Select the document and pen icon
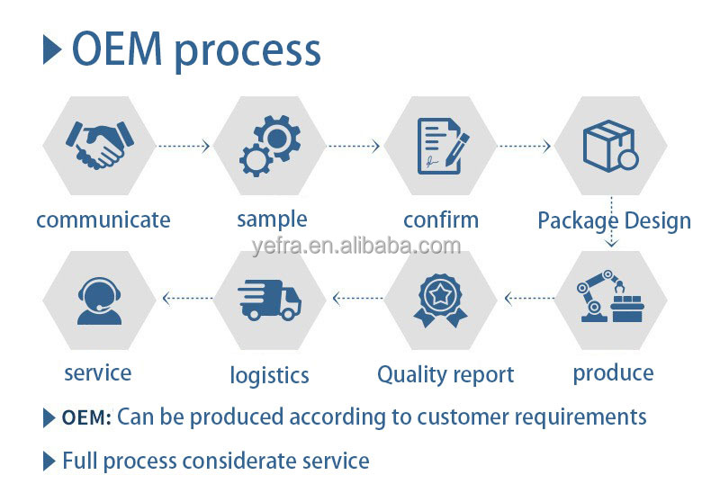(x=442, y=146)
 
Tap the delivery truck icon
(x=270, y=300)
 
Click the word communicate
(x=103, y=220)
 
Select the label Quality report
(x=445, y=374)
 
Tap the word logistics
(x=269, y=375)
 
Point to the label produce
(x=613, y=372)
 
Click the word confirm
(x=441, y=220)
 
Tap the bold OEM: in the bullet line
(x=86, y=417)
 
